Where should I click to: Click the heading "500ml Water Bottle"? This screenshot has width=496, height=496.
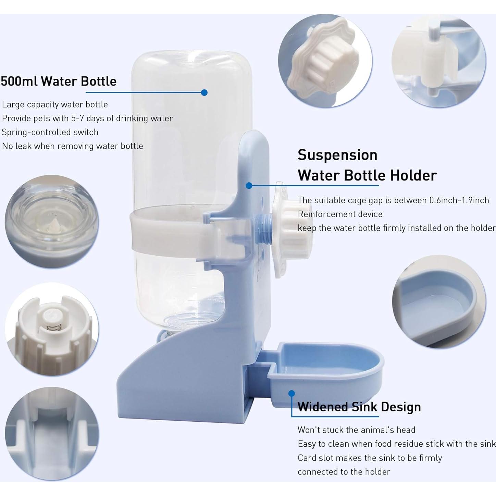click(x=59, y=82)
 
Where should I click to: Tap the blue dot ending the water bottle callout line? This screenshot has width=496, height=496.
click(x=204, y=92)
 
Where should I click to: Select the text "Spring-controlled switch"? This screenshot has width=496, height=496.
click(x=50, y=132)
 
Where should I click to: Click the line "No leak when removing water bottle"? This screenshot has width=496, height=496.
click(x=72, y=146)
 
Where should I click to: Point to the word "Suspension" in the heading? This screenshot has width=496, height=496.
click(x=337, y=155)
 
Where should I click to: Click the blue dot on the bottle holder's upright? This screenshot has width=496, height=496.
click(x=249, y=186)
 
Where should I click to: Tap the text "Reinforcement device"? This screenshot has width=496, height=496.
click(x=340, y=214)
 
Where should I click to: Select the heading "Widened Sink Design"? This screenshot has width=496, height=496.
click(x=359, y=407)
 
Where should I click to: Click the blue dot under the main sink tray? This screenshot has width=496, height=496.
click(x=292, y=394)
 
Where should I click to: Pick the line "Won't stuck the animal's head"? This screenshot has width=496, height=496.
click(x=356, y=430)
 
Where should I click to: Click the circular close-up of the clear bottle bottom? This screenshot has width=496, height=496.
click(x=51, y=222)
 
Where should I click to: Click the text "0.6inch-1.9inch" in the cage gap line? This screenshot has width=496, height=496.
click(x=459, y=200)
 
